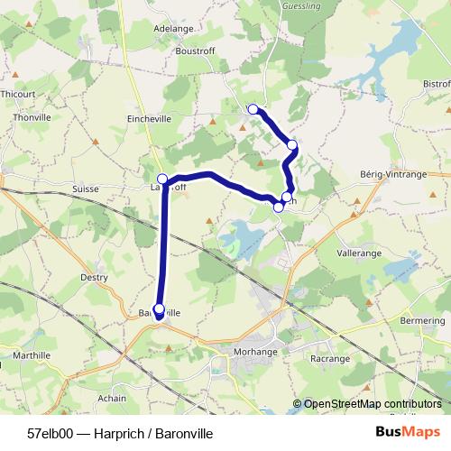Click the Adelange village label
pos(174,28)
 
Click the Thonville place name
pos(32,117)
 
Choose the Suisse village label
pos(84,190)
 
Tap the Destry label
pos(94,279)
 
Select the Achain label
pos(112,398)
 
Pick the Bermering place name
pos(423,321)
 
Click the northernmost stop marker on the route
pos(253,109)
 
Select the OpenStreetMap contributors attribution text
pos(372,404)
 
